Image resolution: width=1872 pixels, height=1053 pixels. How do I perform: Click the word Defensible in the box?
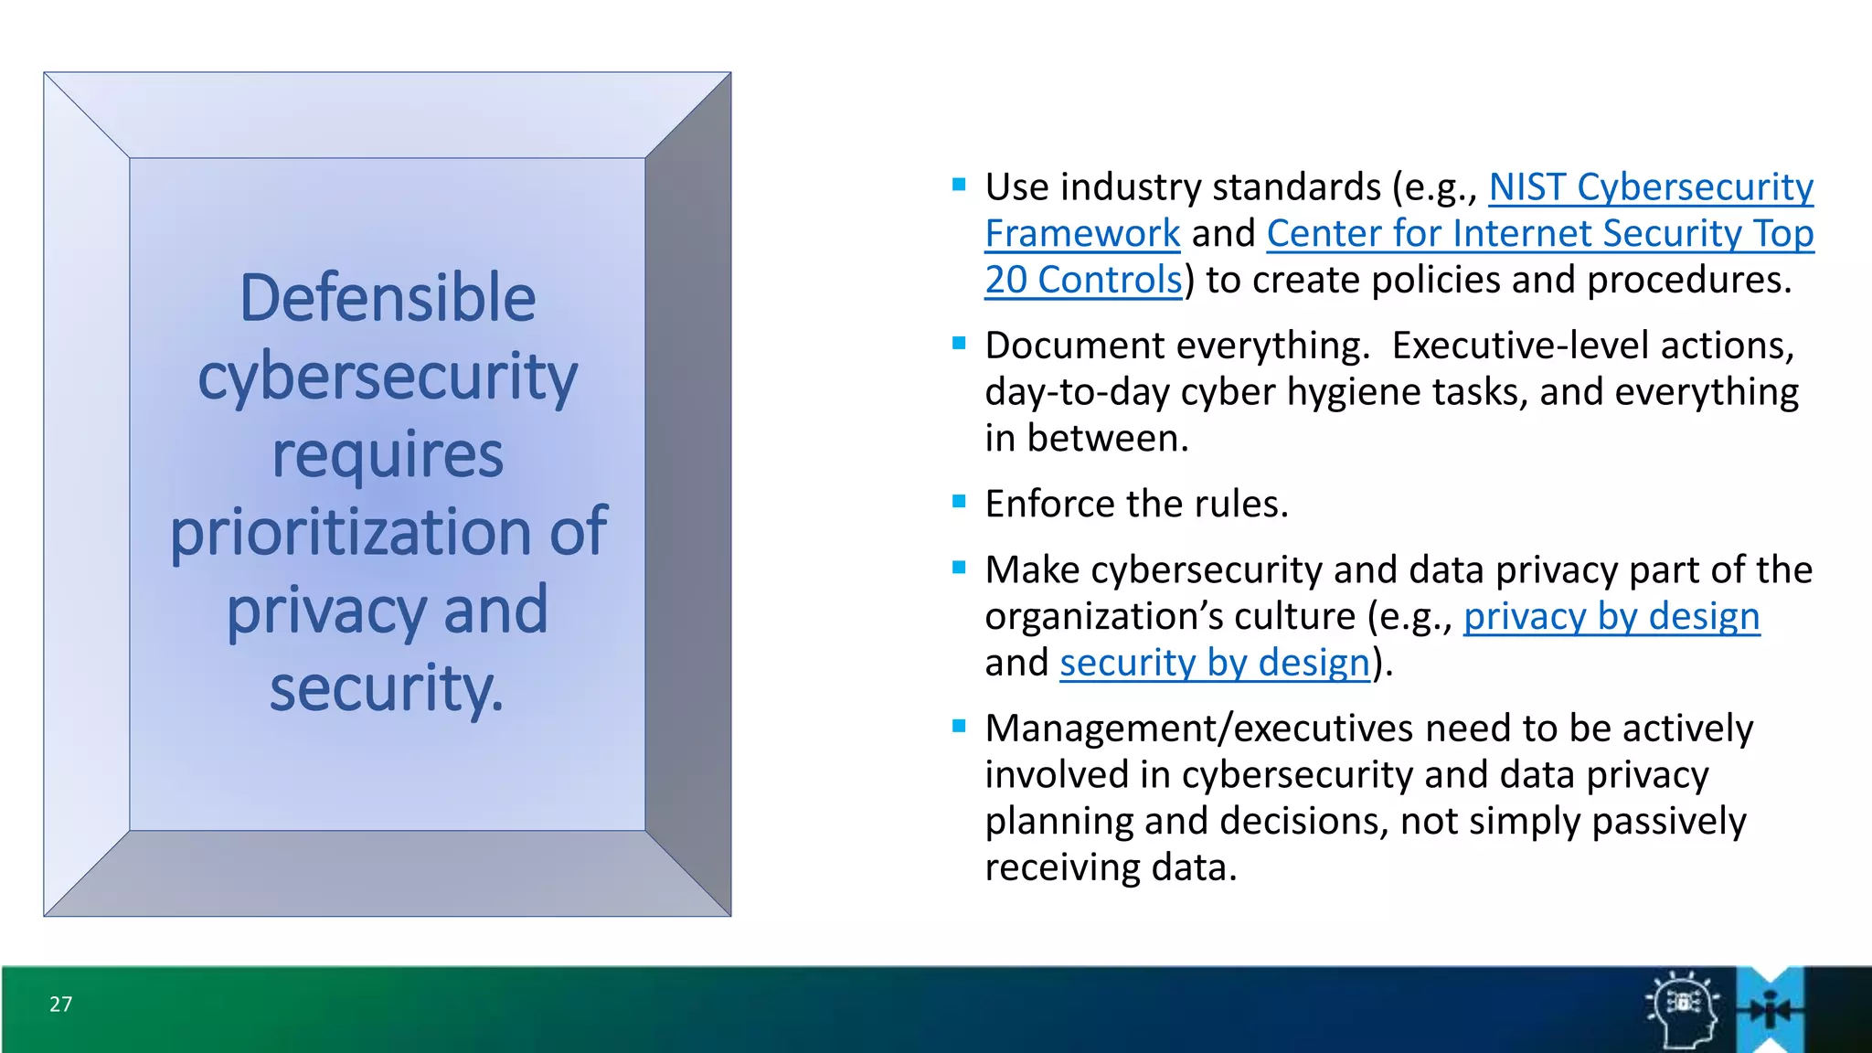click(388, 298)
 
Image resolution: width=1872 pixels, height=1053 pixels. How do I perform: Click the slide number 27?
click(60, 1004)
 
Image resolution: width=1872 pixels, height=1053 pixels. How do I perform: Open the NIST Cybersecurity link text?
click(1651, 187)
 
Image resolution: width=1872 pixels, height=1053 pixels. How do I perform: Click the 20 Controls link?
click(1083, 280)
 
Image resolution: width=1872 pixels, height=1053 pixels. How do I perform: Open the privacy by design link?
click(1611, 616)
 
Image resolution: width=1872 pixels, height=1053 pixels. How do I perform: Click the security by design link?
click(1215, 663)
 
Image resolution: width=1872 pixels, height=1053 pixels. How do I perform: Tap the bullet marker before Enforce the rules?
click(959, 501)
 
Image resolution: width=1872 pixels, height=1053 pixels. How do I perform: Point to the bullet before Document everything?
click(959, 344)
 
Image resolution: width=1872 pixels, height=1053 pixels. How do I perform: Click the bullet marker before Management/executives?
click(959, 727)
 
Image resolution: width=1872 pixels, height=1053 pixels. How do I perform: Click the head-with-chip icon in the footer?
click(1683, 1009)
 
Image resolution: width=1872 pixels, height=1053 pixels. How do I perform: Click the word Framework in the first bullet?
click(1082, 234)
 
